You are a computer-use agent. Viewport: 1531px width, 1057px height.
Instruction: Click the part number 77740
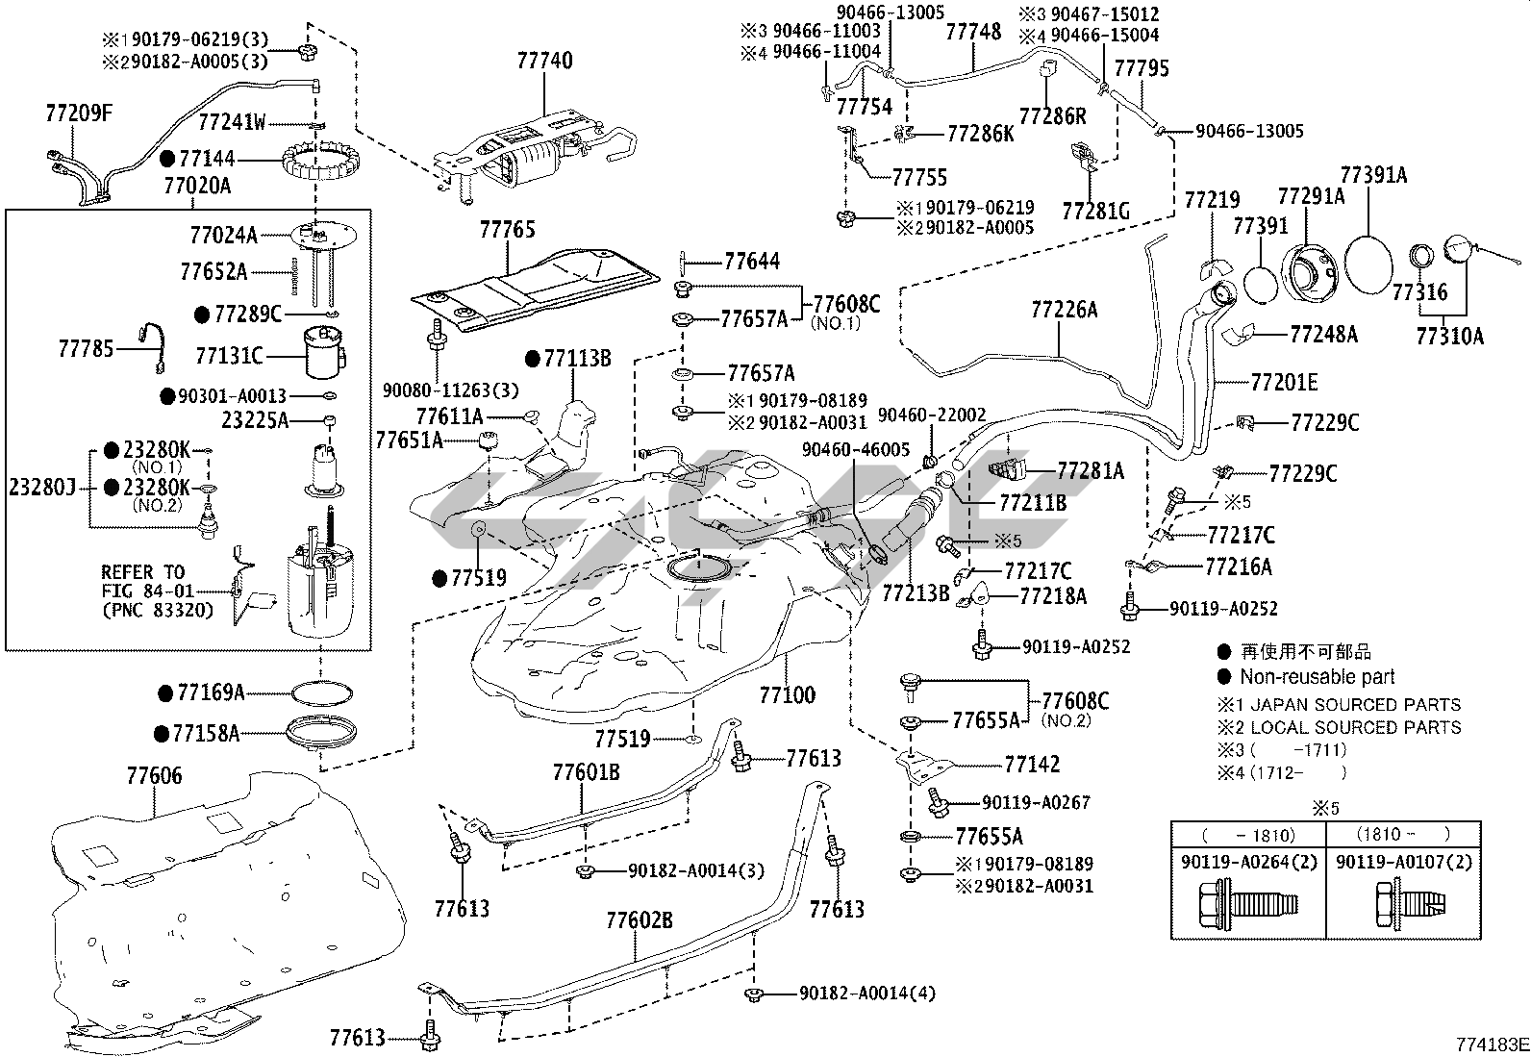(x=544, y=61)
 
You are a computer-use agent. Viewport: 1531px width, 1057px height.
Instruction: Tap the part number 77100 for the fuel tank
(x=787, y=694)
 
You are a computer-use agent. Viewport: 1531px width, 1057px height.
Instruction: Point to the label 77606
(x=155, y=775)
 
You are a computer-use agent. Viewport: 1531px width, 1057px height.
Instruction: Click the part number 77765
(x=508, y=230)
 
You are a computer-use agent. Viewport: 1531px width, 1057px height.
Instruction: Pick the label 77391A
(x=1373, y=175)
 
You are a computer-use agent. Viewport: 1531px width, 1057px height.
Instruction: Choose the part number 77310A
(x=1449, y=336)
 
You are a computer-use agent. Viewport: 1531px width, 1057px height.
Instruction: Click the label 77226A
(x=1064, y=310)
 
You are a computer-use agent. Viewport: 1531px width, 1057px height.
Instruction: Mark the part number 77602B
(x=640, y=920)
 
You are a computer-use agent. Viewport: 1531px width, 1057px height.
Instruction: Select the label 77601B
(x=586, y=772)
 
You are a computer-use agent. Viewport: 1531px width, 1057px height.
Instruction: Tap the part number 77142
(x=1032, y=765)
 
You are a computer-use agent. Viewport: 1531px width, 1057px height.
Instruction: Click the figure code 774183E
(x=1490, y=1044)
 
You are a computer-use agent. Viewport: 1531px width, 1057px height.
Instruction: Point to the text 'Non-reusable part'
(x=1317, y=677)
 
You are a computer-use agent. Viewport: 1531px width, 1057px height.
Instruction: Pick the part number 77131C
(x=229, y=356)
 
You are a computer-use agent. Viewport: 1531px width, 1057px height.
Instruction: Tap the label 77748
(x=973, y=32)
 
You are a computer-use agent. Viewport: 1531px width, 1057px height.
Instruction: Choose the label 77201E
(x=1285, y=383)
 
